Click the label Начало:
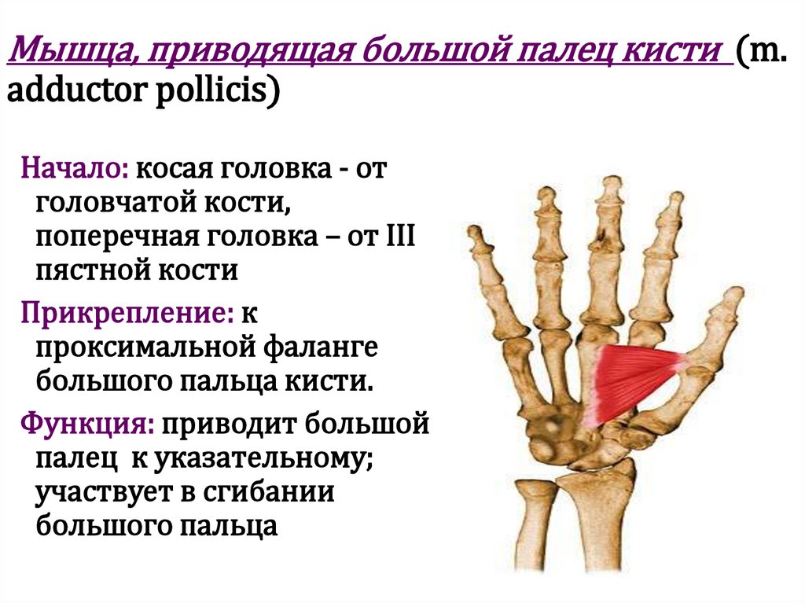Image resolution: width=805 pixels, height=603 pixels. (75, 169)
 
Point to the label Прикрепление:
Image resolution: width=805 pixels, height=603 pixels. (127, 314)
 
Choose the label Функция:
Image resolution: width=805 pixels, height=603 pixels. (86, 425)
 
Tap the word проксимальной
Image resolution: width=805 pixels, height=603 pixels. (138, 348)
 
